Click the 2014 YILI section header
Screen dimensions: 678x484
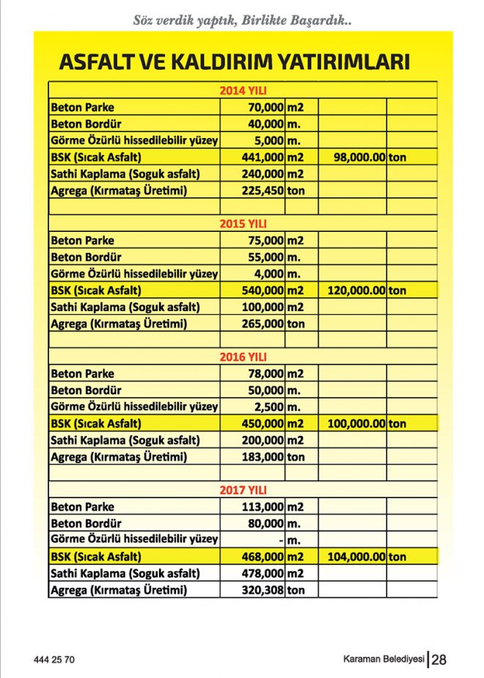tap(243, 91)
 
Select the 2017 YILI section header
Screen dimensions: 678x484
tap(243, 489)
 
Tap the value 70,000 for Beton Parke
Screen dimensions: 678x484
tap(263, 107)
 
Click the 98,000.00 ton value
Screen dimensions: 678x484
tap(359, 157)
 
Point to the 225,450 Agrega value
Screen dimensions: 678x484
tap(262, 192)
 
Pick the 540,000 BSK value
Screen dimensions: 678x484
tap(262, 290)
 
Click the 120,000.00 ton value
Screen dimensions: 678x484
tap(357, 290)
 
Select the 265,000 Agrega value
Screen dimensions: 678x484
tap(262, 324)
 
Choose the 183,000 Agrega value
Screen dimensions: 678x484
tap(262, 456)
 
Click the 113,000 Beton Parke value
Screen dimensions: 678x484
tap(262, 506)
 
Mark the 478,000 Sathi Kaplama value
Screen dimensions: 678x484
tap(262, 573)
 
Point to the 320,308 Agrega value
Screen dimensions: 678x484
tap(262, 590)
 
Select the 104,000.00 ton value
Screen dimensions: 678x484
tap(357, 557)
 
